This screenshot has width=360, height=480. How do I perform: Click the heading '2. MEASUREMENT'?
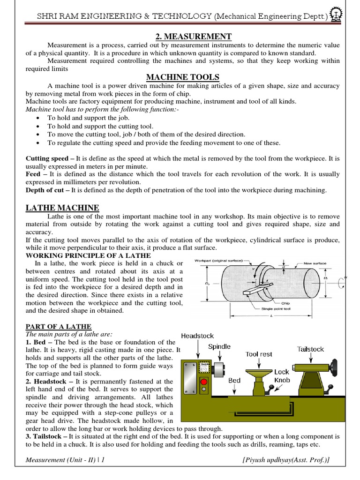tap(187, 37)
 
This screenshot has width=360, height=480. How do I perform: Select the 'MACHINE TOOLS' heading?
tap(183, 77)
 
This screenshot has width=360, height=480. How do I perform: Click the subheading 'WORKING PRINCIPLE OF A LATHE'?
tap(88, 255)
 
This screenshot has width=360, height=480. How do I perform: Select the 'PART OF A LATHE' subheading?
tap(59, 326)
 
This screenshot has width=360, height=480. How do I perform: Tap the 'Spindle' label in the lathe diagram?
tap(219, 346)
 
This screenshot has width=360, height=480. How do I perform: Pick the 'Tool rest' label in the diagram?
tap(259, 354)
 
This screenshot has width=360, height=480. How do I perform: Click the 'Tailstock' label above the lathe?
tap(310, 349)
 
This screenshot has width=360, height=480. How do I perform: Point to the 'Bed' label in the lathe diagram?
tap(234, 381)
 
